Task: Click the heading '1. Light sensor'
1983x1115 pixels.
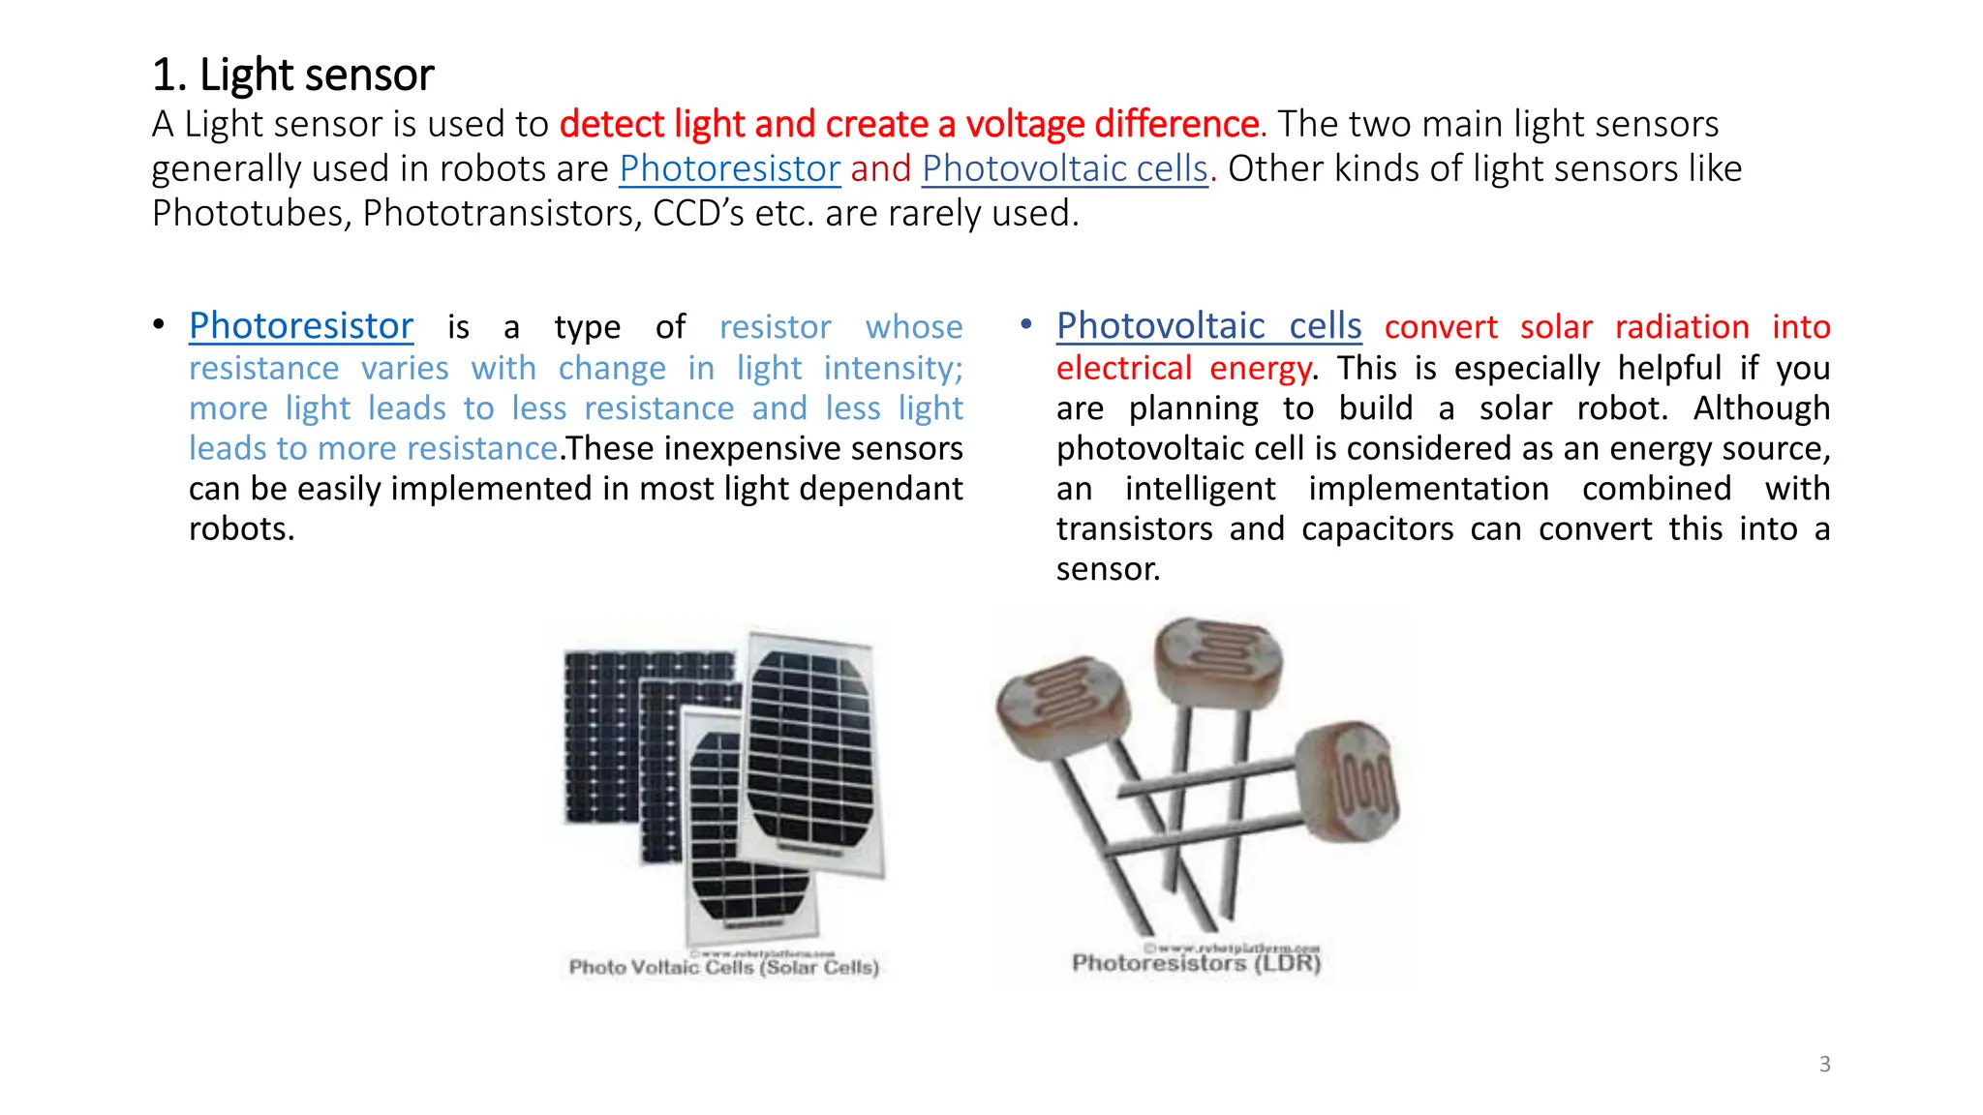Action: point(292,75)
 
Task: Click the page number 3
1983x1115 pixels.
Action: point(1824,1064)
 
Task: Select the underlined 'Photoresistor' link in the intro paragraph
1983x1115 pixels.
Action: point(729,169)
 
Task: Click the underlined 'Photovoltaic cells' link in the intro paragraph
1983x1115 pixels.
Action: point(1065,169)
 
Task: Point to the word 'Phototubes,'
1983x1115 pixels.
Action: point(252,214)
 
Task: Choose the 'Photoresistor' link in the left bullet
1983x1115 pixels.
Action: point(301,326)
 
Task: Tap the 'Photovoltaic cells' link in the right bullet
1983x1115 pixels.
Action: point(1208,326)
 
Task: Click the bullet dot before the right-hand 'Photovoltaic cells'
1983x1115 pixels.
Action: point(1025,324)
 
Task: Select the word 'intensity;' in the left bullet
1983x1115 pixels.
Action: point(893,369)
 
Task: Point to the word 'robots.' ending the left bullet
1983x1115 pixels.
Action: point(241,529)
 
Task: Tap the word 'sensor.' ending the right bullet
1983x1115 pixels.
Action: point(1108,569)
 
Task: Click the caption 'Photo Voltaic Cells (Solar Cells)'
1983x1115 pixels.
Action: point(724,967)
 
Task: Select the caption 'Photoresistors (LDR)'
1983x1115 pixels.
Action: point(1196,963)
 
